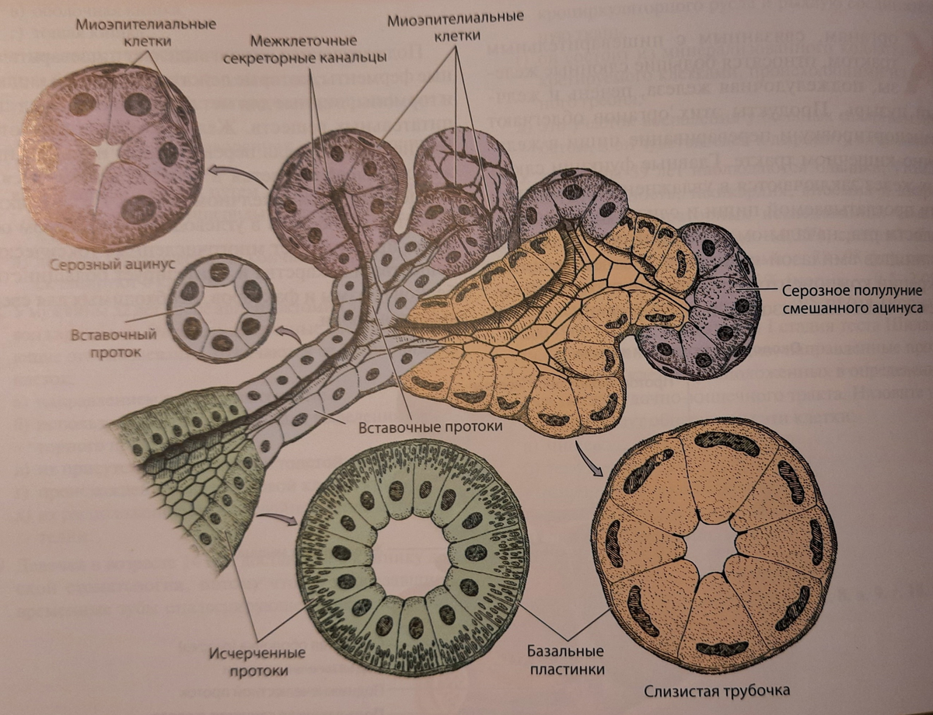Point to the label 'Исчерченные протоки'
pos(257,661)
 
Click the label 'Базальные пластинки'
pos(565,660)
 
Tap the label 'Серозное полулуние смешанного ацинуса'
pos(851,299)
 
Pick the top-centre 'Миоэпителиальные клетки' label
pos(456,24)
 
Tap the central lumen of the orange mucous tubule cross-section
pos(714,548)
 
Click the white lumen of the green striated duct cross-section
pos(412,556)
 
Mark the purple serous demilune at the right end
pos(711,303)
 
